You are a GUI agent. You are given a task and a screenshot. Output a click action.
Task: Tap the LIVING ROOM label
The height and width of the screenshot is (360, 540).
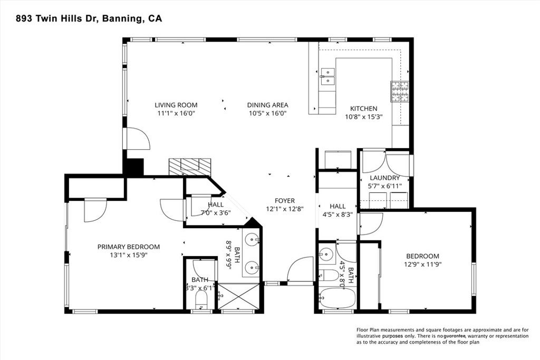pyautogui.click(x=176, y=105)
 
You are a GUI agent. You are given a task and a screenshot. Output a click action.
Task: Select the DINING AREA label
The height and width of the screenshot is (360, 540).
pyautogui.click(x=267, y=105)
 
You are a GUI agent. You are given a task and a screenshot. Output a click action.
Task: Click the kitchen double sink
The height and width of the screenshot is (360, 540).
pyautogui.click(x=327, y=77)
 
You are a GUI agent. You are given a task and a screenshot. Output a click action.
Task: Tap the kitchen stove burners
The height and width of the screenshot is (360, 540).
pyautogui.click(x=399, y=92)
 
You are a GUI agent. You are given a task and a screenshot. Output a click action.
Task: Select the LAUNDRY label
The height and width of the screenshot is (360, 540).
pyautogui.click(x=384, y=178)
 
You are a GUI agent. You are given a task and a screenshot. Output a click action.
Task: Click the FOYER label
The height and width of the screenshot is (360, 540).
pyautogui.click(x=284, y=201)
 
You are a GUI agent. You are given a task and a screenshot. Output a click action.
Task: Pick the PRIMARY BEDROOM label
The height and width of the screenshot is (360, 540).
pyautogui.click(x=129, y=247)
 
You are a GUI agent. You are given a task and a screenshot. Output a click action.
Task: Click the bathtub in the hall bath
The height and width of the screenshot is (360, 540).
pyautogui.click(x=337, y=299)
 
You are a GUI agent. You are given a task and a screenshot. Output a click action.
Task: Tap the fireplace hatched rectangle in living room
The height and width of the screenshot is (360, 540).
pyautogui.click(x=190, y=167)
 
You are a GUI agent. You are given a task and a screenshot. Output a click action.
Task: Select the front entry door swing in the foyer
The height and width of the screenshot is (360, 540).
pyautogui.click(x=301, y=269)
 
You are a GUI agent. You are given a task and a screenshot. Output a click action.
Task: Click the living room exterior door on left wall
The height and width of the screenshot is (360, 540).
pyautogui.click(x=137, y=139)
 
